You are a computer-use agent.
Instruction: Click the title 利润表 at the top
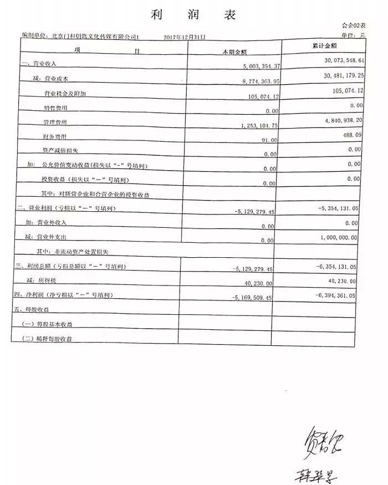tap(193, 14)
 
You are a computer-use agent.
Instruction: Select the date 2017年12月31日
tap(185, 37)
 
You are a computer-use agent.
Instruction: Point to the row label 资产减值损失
tap(60, 151)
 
